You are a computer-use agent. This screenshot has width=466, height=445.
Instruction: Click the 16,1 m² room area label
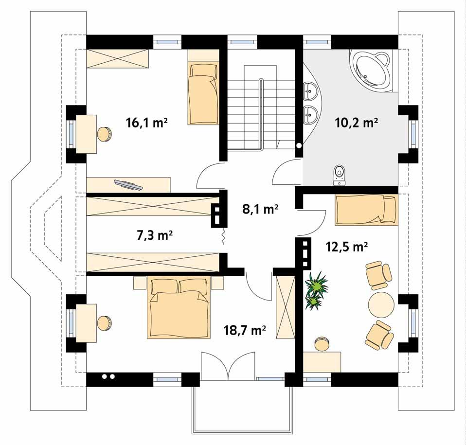point(146,123)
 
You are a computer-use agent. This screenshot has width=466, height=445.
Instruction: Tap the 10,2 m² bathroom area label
point(357,123)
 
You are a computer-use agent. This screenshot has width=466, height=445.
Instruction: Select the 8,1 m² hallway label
point(260,210)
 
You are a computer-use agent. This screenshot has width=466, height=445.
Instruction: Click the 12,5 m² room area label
point(346,247)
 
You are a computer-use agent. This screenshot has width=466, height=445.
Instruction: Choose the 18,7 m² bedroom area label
point(245,331)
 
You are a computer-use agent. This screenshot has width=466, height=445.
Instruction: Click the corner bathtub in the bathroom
point(371,71)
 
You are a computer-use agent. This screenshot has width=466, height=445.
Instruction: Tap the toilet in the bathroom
point(340,175)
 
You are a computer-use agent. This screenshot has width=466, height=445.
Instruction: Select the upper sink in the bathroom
point(310,90)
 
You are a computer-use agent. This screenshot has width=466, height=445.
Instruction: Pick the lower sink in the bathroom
point(310,115)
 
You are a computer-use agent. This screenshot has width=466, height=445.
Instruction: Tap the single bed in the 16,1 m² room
point(203,93)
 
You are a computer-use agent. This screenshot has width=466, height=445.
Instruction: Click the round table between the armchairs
point(381,304)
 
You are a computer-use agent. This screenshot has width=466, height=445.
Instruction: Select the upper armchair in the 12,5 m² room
point(378,273)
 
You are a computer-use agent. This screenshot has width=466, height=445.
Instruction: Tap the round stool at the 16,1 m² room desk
point(105,134)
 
